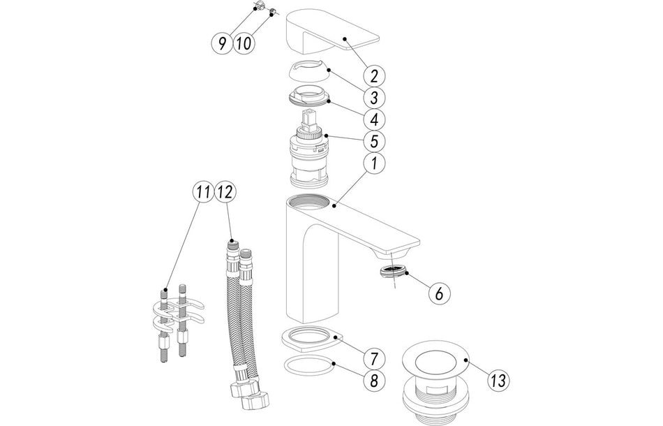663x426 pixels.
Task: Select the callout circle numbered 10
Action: pyautogui.click(x=244, y=43)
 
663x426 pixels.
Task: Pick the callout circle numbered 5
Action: pyautogui.click(x=374, y=141)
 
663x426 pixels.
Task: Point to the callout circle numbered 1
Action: pyautogui.click(x=374, y=163)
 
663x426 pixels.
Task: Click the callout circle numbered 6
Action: pyautogui.click(x=438, y=294)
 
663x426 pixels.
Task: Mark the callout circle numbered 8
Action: pyautogui.click(x=374, y=381)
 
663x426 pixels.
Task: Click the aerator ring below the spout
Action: pyautogui.click(x=395, y=272)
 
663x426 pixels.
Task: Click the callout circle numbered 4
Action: pyautogui.click(x=374, y=119)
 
